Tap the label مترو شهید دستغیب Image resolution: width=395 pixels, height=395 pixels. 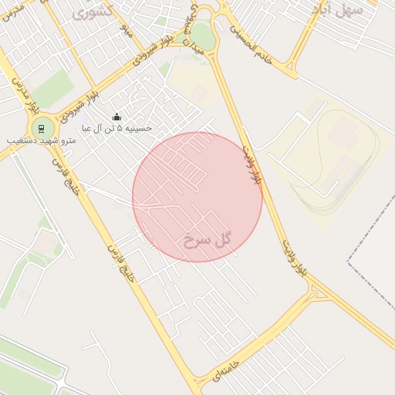(41, 143)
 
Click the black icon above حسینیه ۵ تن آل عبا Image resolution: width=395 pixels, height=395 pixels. (116, 116)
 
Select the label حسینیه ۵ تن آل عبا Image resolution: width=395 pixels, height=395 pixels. (116, 128)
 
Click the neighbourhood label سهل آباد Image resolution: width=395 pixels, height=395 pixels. (337, 10)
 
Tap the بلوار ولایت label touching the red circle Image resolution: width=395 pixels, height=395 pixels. (252, 164)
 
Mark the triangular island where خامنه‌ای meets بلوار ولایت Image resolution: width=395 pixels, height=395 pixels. (314, 292)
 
